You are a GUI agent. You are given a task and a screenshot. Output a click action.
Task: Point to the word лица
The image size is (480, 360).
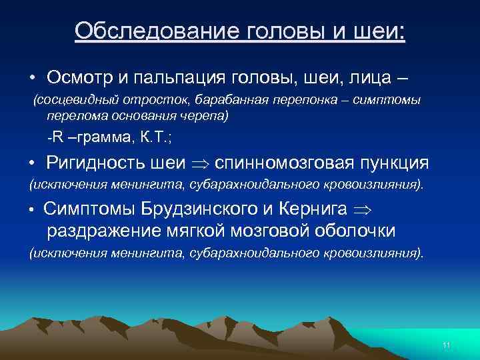point(361,78)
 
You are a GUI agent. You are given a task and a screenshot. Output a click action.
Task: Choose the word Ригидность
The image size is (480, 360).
point(104,163)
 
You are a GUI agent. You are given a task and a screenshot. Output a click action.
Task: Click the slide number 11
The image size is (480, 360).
point(446,345)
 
